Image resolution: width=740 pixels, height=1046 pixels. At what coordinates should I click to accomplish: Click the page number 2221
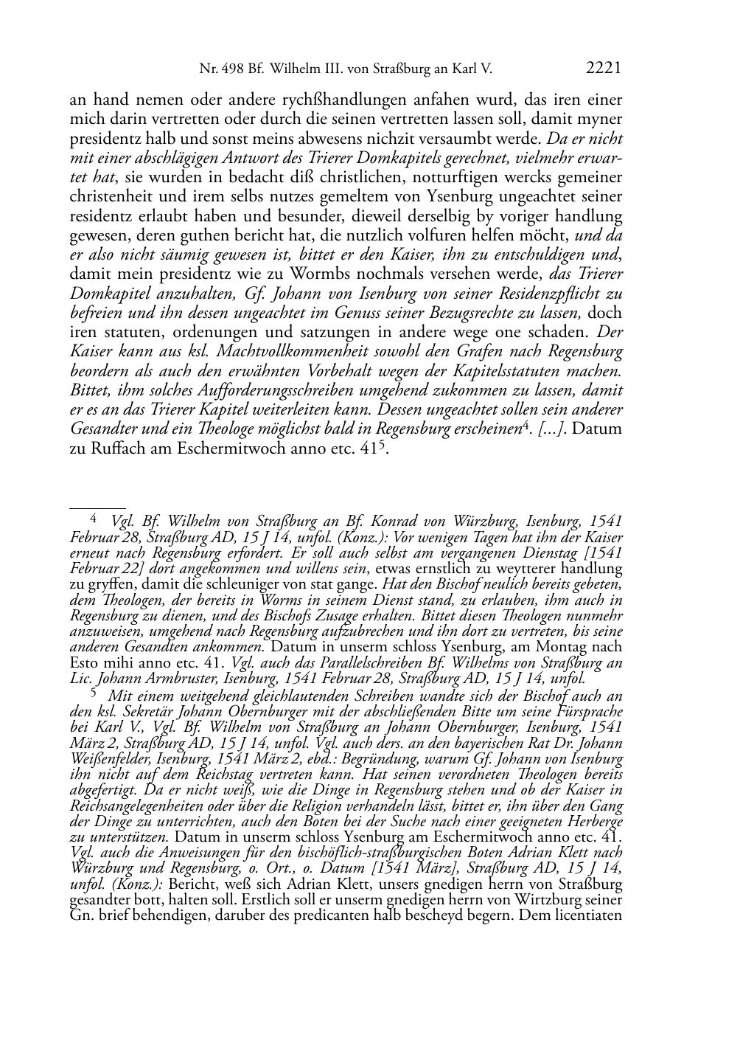(604, 69)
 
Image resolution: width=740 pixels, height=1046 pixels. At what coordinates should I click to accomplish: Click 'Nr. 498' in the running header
(222, 69)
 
